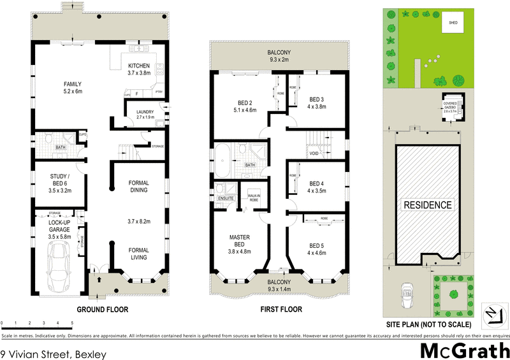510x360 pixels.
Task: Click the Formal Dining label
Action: [x=138, y=185]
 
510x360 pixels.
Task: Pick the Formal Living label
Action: [x=138, y=254]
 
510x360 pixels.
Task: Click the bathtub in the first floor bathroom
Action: [x=222, y=162]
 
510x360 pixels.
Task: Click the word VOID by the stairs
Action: [x=314, y=154]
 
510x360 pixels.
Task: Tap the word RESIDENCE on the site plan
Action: [x=428, y=205]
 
